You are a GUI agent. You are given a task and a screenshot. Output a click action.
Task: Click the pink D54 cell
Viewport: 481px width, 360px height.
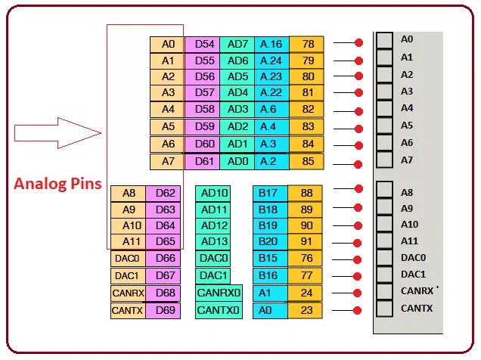203,45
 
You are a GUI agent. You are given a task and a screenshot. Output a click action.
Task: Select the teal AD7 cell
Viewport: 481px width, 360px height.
237,45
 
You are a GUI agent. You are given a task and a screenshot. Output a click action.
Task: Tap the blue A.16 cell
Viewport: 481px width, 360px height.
272,45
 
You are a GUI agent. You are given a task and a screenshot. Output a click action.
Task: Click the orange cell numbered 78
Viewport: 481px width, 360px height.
306,45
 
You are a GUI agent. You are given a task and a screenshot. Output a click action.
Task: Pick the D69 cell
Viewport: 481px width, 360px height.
164,310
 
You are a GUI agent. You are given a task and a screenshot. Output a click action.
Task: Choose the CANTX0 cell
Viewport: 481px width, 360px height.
219,310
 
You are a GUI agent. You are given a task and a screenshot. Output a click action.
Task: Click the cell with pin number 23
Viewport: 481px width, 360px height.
306,310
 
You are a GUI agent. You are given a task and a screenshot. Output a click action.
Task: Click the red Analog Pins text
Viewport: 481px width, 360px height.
59,184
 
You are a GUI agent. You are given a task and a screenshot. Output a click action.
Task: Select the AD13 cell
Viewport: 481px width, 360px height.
215,243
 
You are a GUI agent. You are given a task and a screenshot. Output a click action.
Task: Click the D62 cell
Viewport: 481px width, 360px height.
164,194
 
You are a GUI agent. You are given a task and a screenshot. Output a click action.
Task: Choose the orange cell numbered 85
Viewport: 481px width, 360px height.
306,160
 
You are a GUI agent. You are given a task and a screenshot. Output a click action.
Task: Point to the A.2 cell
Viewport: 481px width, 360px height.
272,160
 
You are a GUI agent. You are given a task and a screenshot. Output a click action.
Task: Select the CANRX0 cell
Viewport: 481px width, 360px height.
219,293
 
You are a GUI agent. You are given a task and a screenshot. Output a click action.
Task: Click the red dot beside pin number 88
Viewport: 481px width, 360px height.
358,194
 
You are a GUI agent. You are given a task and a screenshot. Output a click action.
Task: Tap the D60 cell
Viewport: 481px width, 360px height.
203,144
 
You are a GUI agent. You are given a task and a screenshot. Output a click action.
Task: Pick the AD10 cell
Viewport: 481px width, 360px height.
215,194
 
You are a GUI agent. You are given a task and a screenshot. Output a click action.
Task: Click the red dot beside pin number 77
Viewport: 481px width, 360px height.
358,277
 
